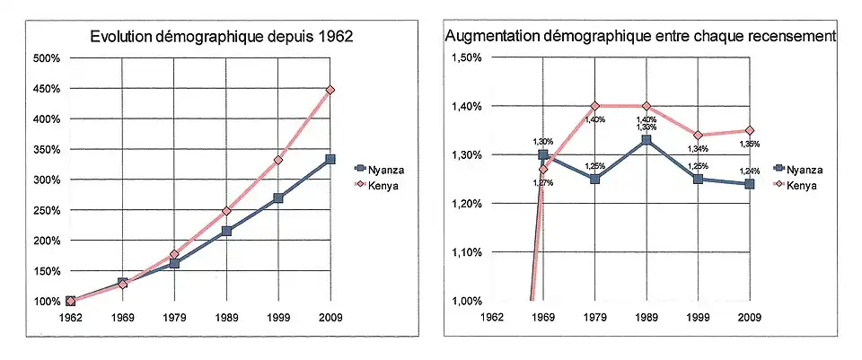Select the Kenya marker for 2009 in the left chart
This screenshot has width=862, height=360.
330,90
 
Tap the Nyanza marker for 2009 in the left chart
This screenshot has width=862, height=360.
330,159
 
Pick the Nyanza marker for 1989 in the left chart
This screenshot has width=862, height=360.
226,231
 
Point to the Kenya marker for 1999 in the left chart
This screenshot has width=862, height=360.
278,160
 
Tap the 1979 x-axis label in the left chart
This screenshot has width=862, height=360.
174,318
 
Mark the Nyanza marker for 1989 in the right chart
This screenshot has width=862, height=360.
646,140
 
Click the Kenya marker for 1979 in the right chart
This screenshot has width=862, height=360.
594,106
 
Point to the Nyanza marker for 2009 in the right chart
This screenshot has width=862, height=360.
749,184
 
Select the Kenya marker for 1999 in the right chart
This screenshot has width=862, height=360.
698,136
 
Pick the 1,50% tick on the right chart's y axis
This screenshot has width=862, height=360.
465,58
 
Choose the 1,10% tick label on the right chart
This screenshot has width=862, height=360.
465,252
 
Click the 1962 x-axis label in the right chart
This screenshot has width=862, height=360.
491,318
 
